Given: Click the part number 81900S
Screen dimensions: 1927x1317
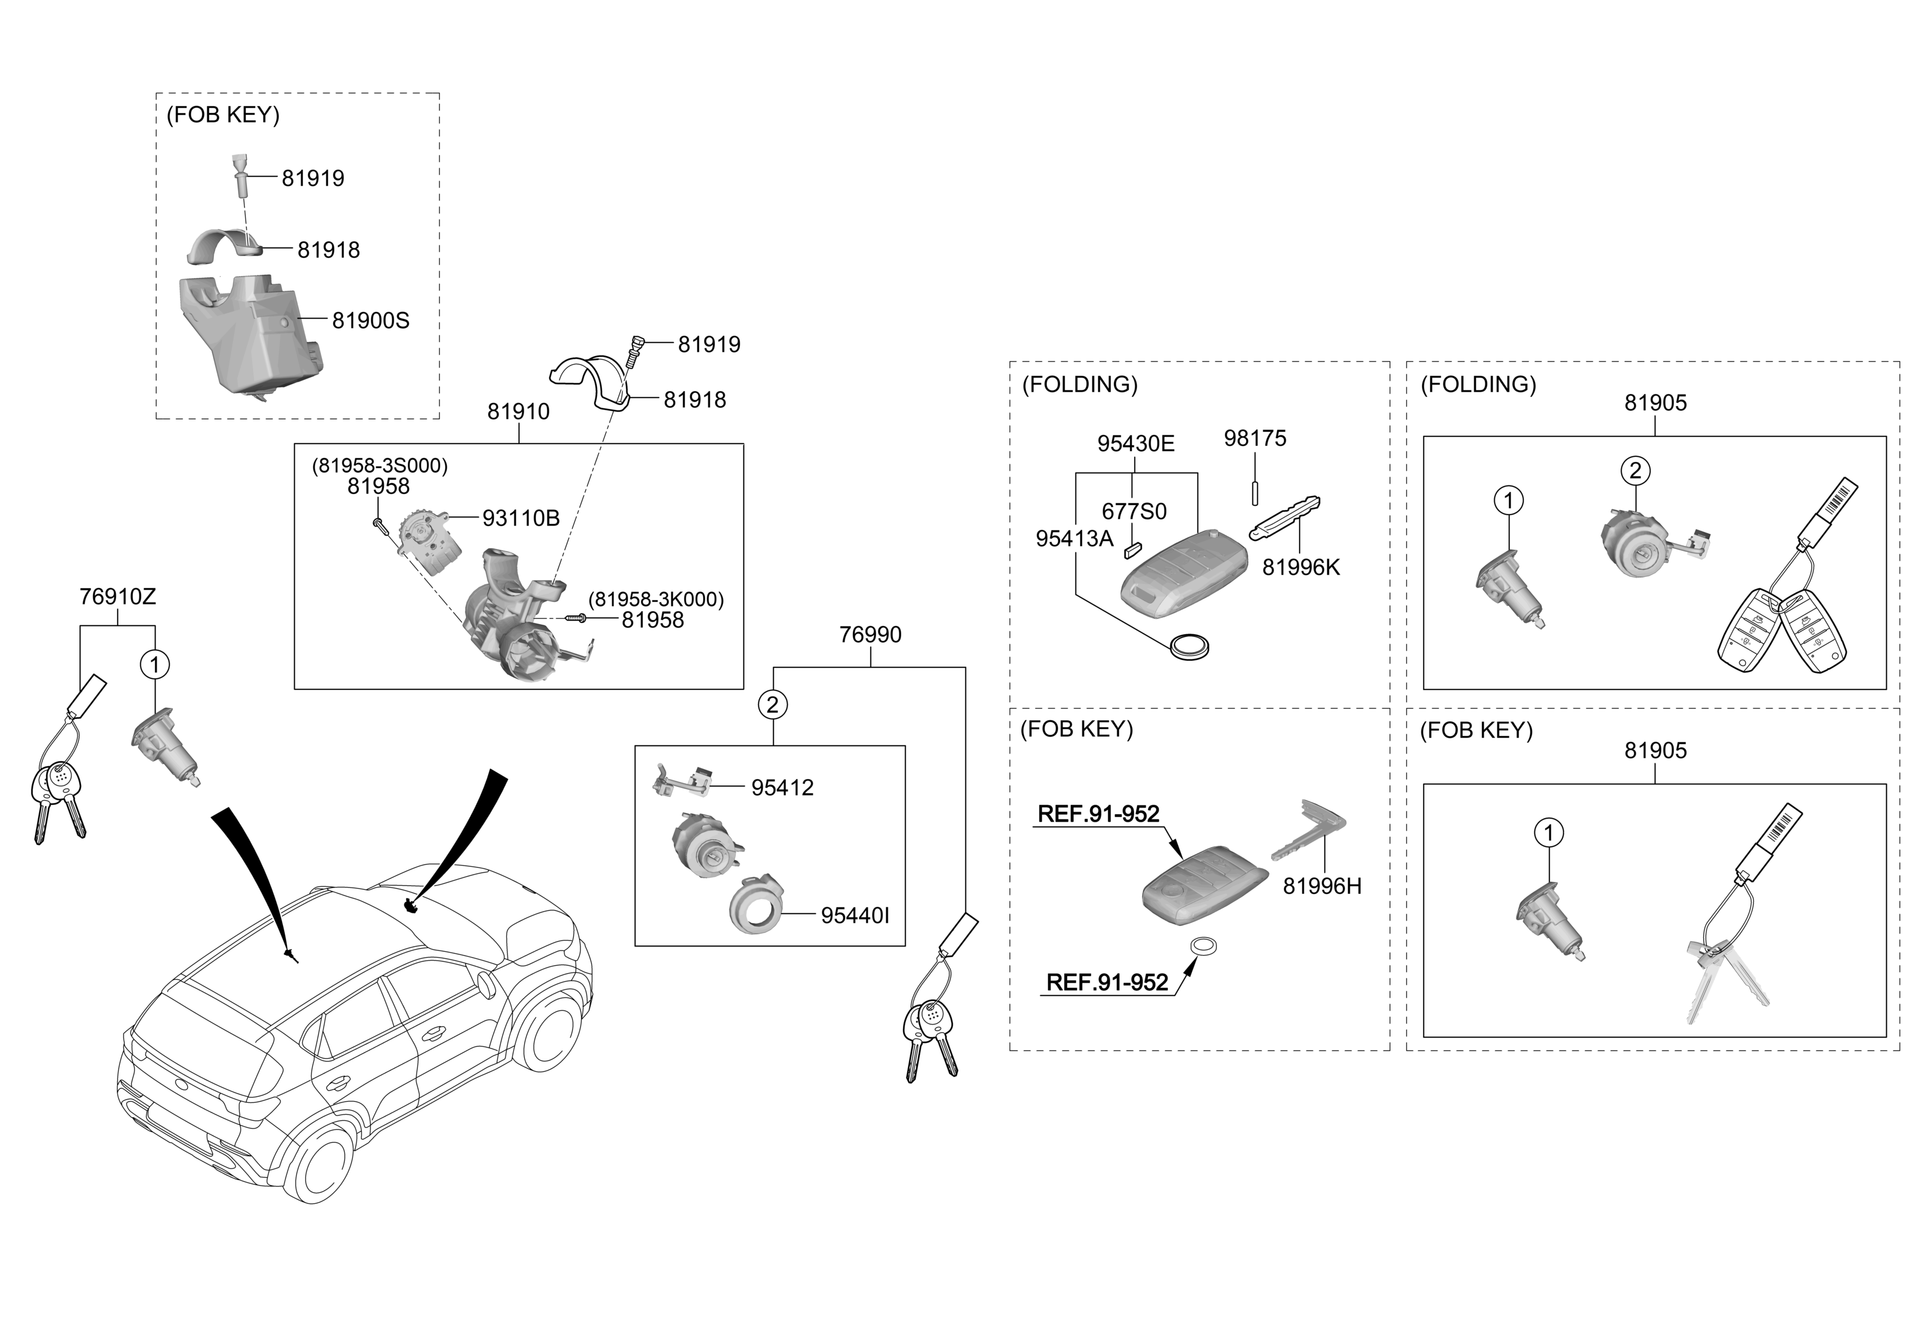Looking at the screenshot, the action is click(x=370, y=321).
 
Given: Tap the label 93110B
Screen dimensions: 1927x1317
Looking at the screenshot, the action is click(x=521, y=518).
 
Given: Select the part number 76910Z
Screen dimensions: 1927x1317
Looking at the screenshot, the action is click(x=118, y=596).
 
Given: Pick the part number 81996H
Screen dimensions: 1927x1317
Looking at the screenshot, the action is click(x=1322, y=886).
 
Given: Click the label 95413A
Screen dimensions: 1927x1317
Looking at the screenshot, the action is click(x=1075, y=539).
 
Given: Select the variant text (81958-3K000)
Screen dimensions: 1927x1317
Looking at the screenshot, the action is click(x=656, y=600).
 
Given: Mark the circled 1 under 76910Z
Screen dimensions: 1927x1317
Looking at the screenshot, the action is click(x=155, y=664).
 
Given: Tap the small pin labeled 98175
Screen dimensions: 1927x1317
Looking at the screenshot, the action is click(x=1255, y=492).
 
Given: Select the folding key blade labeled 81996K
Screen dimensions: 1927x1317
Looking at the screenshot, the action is click(x=1284, y=517).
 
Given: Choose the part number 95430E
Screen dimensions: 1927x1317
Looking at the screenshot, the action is click(x=1136, y=443).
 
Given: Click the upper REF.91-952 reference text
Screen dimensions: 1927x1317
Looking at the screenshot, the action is click(x=1099, y=815).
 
